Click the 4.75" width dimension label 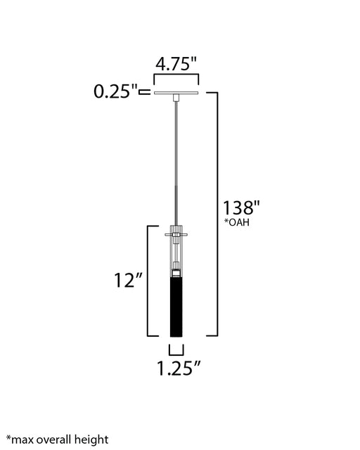click(176, 63)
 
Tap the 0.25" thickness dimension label click(116, 91)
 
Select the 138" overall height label click(241, 207)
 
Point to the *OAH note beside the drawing click(236, 222)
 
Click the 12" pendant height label click(129, 280)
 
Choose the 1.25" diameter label click(179, 368)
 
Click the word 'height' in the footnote click(91, 439)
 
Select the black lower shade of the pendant click(176, 307)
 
